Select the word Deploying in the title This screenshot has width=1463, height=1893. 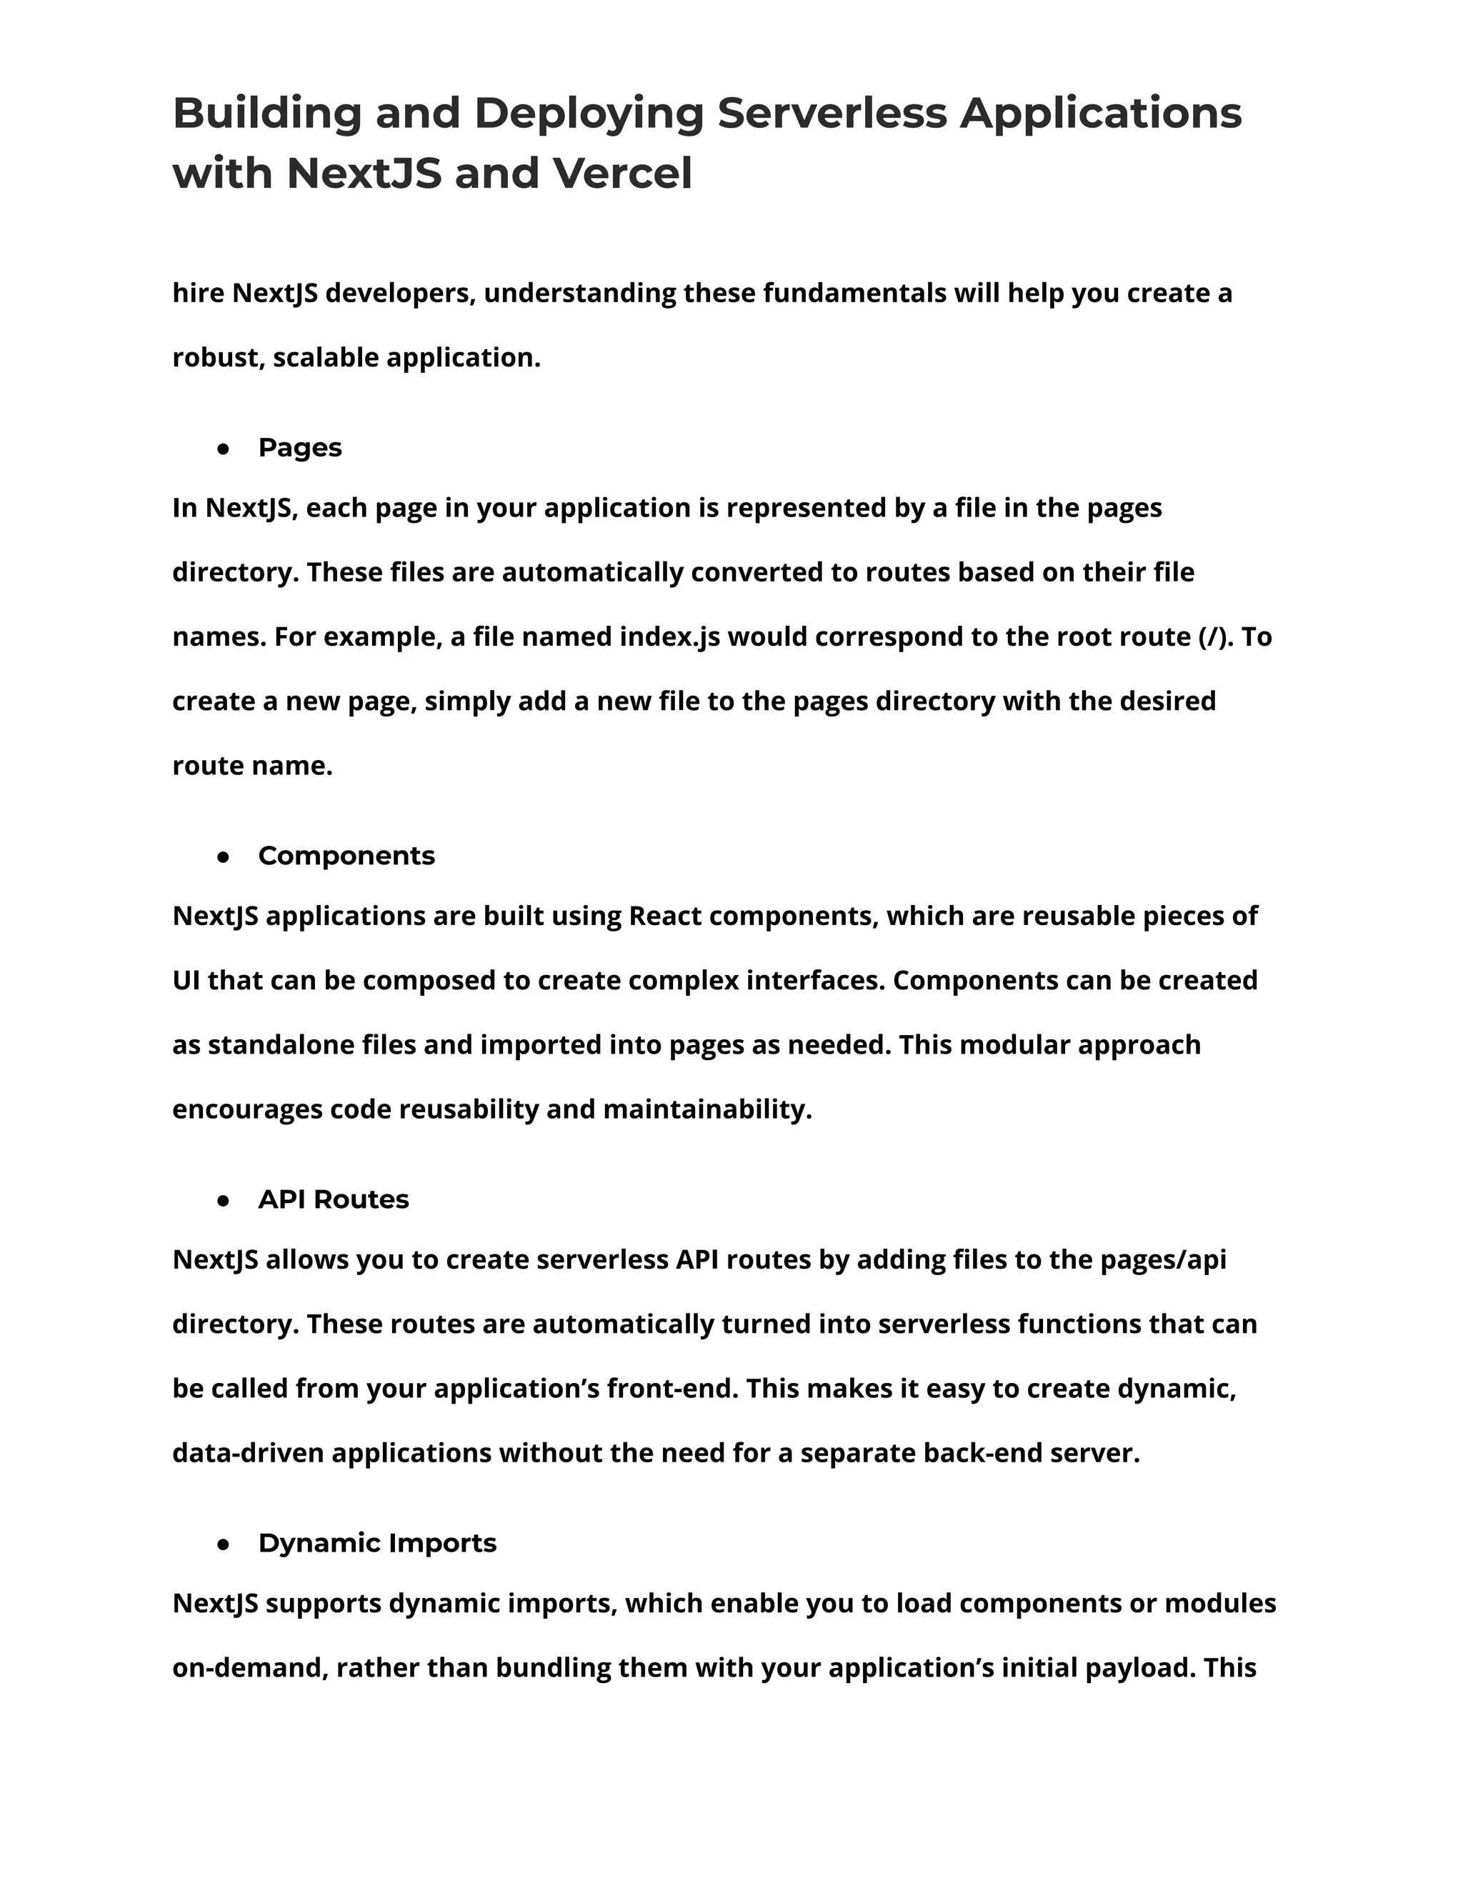589,114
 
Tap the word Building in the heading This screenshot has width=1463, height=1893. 267,114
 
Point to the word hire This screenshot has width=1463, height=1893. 199,294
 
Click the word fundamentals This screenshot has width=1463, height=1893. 854,294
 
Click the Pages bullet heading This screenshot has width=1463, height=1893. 300,448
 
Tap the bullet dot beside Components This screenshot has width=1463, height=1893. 224,857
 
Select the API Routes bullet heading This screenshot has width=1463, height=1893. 333,1199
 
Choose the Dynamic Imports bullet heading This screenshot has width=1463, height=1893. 377,1544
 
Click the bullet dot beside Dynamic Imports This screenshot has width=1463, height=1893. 224,1544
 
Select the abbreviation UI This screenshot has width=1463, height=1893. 186,980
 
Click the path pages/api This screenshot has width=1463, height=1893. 1163,1259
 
